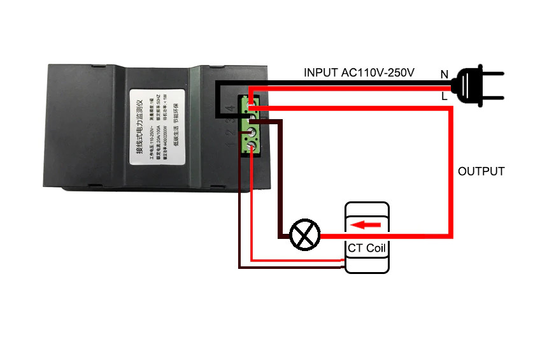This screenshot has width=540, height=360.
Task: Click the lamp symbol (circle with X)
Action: (304, 236)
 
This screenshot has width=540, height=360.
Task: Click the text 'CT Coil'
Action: (366, 248)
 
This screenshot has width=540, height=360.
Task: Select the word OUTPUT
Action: (481, 171)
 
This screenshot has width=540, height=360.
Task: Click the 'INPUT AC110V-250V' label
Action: (359, 73)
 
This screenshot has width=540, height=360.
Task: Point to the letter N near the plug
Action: (444, 75)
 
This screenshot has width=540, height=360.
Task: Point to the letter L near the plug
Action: (444, 96)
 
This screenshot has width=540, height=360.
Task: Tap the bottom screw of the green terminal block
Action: (251, 147)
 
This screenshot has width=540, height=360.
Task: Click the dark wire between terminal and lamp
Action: (279, 185)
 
